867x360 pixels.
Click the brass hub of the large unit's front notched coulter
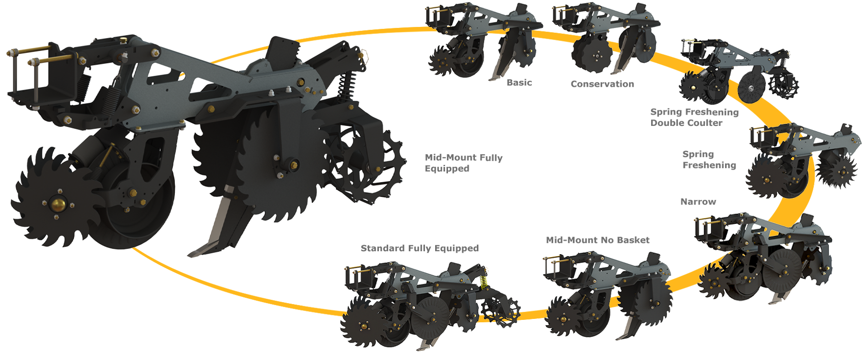(x=58, y=203)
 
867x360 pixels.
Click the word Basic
(x=519, y=83)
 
